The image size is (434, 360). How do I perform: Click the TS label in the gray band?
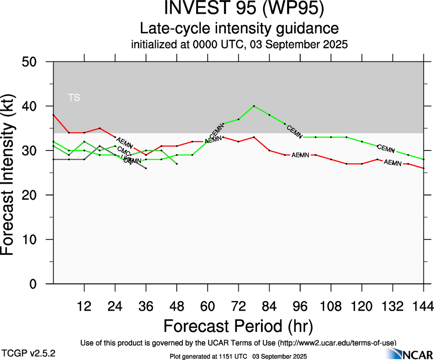(74, 97)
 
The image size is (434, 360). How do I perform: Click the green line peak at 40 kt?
(254, 106)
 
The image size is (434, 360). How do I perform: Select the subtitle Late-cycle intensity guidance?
(239, 28)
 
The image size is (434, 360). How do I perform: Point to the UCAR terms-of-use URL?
(336, 342)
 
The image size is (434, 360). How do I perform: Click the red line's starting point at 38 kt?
(54, 115)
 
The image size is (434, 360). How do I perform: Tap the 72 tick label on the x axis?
(238, 306)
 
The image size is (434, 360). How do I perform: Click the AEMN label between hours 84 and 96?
(300, 155)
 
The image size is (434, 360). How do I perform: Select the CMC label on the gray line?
(123, 150)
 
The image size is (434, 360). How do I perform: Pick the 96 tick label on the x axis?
(300, 306)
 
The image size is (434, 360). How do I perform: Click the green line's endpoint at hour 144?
(423, 159)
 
